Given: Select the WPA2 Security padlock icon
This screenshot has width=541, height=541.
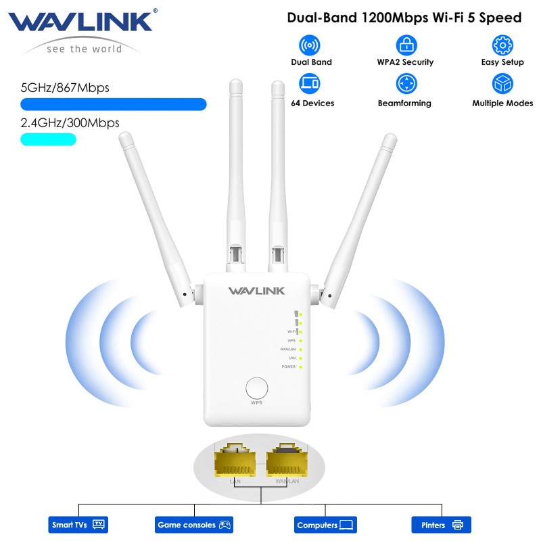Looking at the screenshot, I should (x=406, y=45).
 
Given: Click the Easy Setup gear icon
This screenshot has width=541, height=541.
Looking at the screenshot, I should (x=502, y=45).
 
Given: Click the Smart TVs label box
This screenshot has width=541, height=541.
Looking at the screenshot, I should (x=79, y=525).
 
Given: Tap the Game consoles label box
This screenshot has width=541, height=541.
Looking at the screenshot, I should (x=195, y=525).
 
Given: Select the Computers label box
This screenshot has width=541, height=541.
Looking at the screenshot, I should (x=326, y=525).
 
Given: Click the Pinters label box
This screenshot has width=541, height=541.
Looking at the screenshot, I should (x=441, y=525).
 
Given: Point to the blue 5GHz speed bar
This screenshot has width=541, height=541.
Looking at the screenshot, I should (x=113, y=104).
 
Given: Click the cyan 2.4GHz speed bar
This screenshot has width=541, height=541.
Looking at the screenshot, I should (x=48, y=139).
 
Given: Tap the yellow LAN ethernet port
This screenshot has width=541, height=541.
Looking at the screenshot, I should (x=235, y=463).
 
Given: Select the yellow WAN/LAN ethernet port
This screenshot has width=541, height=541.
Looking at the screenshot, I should (x=287, y=463).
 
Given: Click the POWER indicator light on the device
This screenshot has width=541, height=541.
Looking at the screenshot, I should (x=300, y=367).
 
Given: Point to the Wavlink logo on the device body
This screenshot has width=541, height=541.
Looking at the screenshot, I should (x=256, y=291).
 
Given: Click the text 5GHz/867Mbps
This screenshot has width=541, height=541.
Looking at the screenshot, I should (x=65, y=88).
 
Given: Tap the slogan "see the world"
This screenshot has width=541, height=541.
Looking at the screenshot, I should (x=84, y=49).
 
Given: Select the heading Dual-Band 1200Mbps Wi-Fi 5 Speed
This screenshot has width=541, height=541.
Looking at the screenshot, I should (x=404, y=18).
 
